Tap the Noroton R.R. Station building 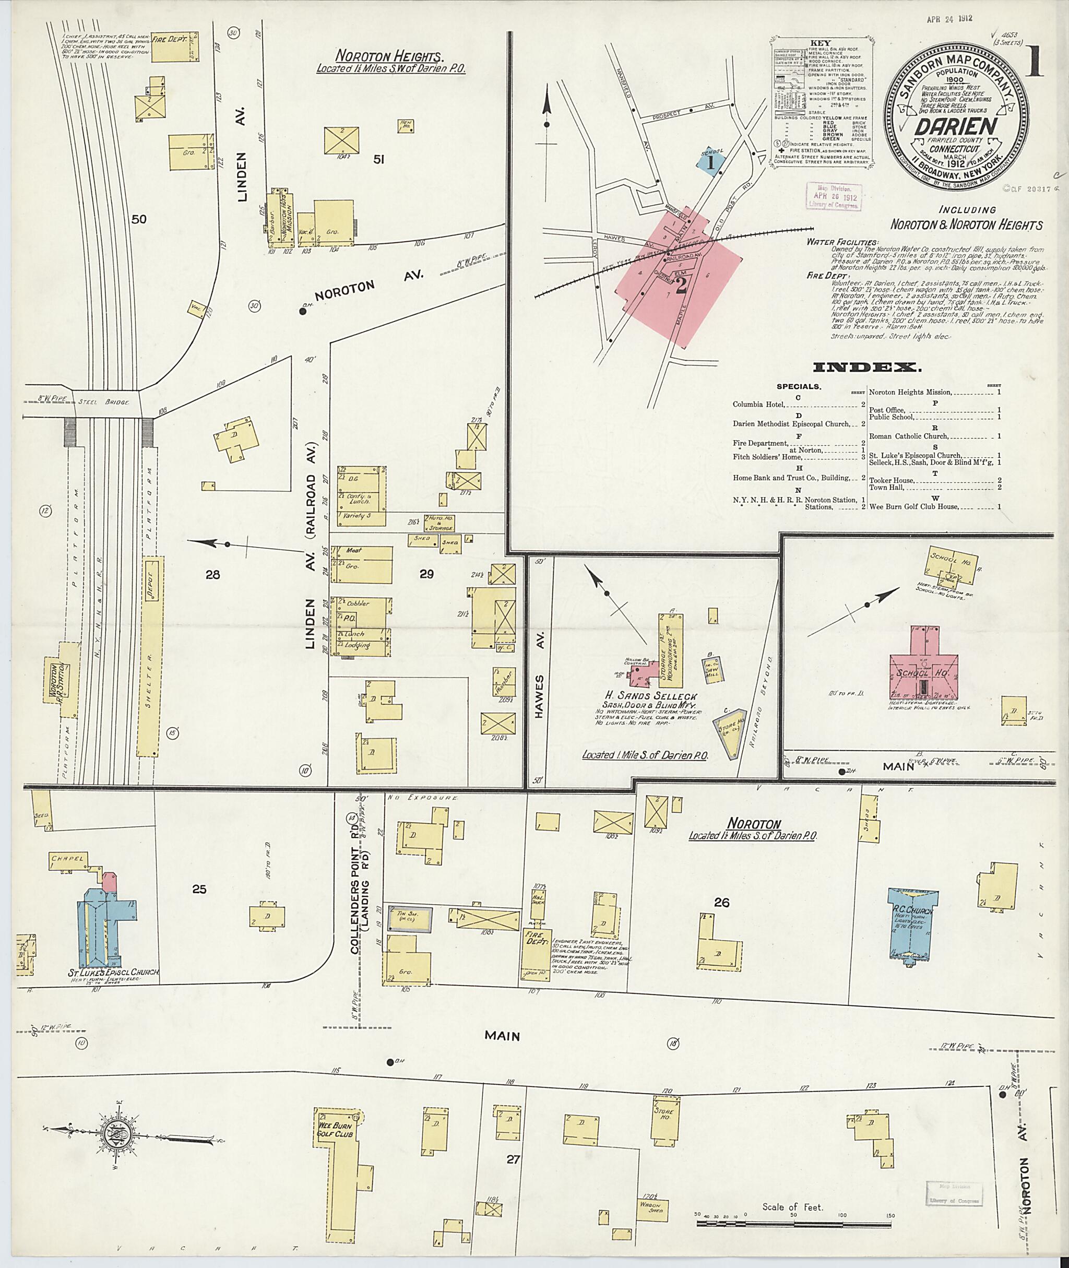(x=61, y=681)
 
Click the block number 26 (x=721, y=903)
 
